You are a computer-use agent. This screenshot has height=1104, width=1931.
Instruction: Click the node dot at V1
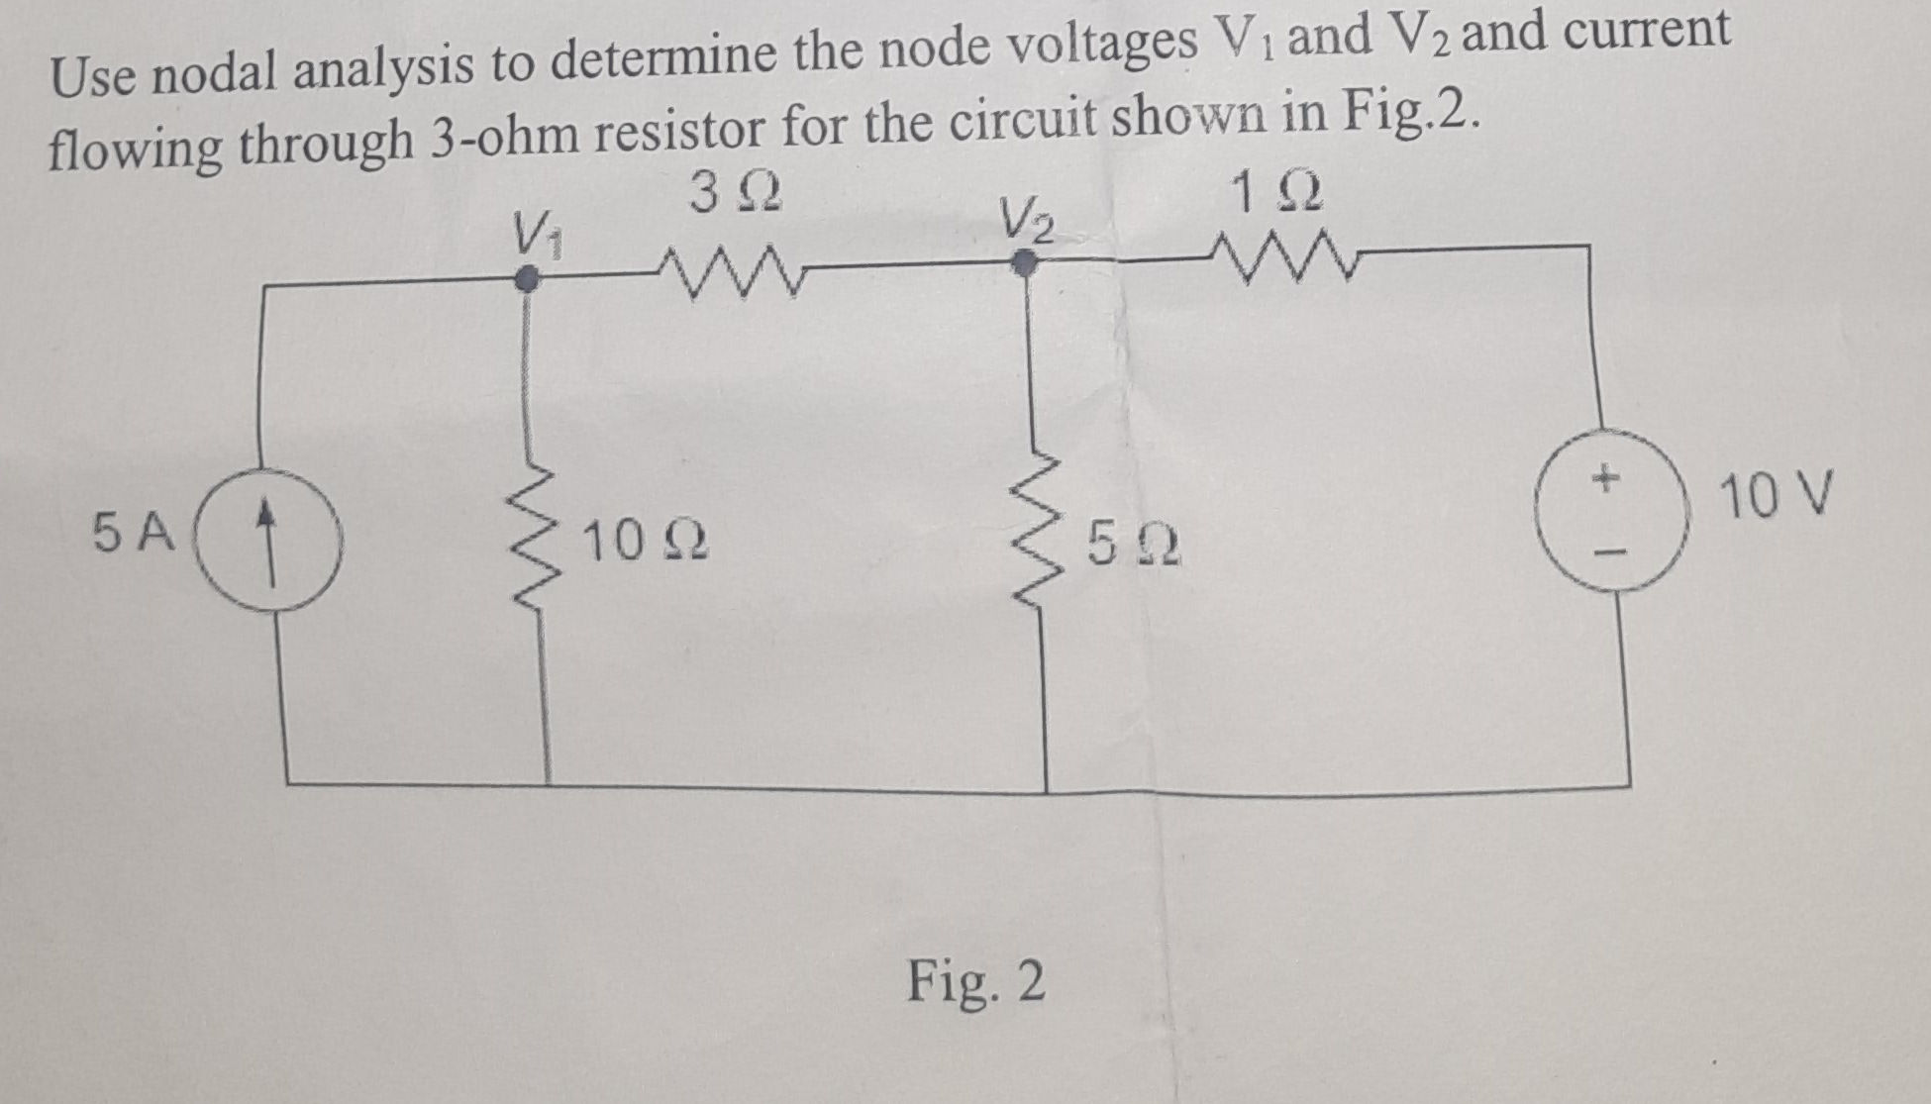(x=531, y=281)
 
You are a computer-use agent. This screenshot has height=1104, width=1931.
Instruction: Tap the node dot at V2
(x=1026, y=262)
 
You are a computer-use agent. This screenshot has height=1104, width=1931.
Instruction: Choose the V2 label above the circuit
(x=1025, y=221)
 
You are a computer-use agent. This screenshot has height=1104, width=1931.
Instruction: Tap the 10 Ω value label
(x=644, y=543)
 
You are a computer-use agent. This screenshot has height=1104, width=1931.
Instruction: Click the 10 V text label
(x=1777, y=496)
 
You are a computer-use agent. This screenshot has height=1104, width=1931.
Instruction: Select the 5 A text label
(x=134, y=534)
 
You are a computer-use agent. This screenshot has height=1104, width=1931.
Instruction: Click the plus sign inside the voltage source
(x=1604, y=479)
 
